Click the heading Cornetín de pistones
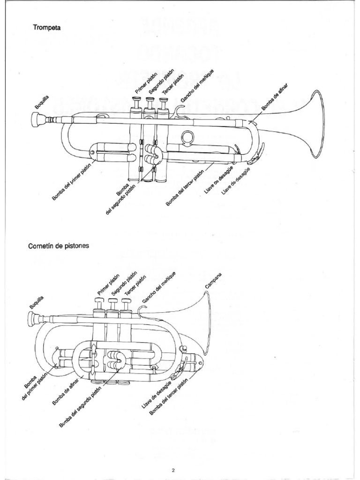tap(59, 244)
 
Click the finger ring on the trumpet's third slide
tap(188, 137)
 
